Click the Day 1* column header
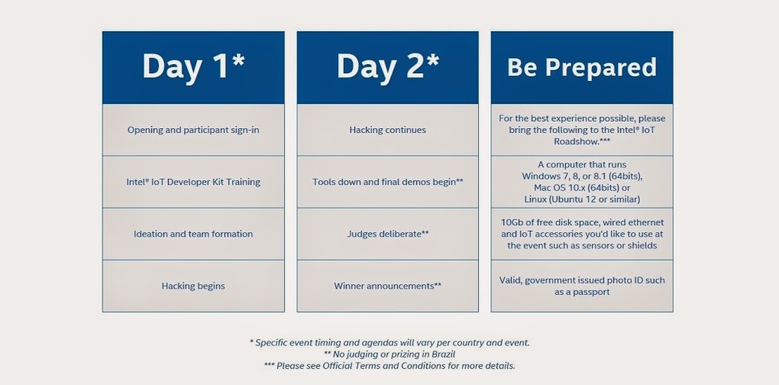(x=193, y=67)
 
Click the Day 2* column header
(x=387, y=67)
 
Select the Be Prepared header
(x=582, y=67)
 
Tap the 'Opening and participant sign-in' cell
(x=193, y=130)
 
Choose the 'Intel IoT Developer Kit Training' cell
(x=193, y=182)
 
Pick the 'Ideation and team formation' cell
(x=193, y=234)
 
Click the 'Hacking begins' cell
(x=193, y=286)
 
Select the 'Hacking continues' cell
(x=387, y=130)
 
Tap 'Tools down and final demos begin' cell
(x=387, y=182)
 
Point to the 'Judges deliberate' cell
(x=387, y=234)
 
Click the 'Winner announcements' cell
(x=387, y=286)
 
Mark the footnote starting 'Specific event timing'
(x=389, y=343)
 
